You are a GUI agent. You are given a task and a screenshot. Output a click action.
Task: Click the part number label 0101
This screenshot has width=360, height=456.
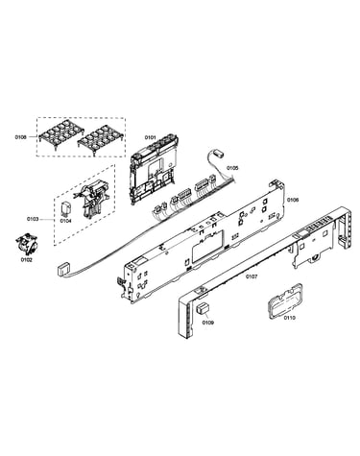pyautogui.click(x=150, y=137)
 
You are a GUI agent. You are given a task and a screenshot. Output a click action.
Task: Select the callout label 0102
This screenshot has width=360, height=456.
pyautogui.click(x=27, y=260)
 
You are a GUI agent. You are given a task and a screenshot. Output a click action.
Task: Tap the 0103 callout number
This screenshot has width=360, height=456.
pyautogui.click(x=33, y=219)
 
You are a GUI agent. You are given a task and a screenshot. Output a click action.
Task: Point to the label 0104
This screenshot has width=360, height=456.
pyautogui.click(x=66, y=221)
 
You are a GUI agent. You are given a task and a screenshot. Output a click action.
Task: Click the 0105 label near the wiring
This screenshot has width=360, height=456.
pyautogui.click(x=232, y=168)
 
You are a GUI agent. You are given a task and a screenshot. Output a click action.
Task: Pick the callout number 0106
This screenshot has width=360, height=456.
pyautogui.click(x=293, y=200)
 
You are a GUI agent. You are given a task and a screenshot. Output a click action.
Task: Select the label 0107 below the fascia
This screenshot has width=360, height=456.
pyautogui.click(x=252, y=276)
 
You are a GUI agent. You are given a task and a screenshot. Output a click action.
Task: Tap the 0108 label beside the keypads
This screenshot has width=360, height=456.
pyautogui.click(x=20, y=137)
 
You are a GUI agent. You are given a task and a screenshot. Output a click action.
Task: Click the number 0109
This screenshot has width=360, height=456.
pyautogui.click(x=207, y=323)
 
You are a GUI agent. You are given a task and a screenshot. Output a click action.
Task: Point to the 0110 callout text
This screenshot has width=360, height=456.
pyautogui.click(x=289, y=318)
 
